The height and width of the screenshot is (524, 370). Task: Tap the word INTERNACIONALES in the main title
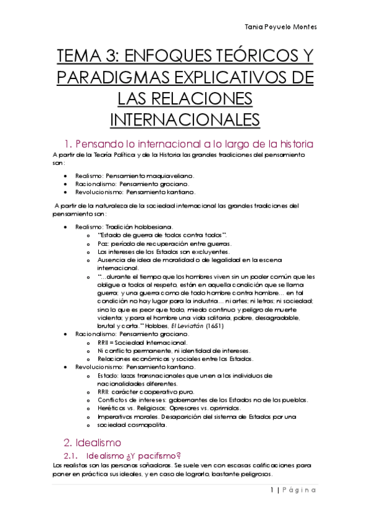185,117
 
